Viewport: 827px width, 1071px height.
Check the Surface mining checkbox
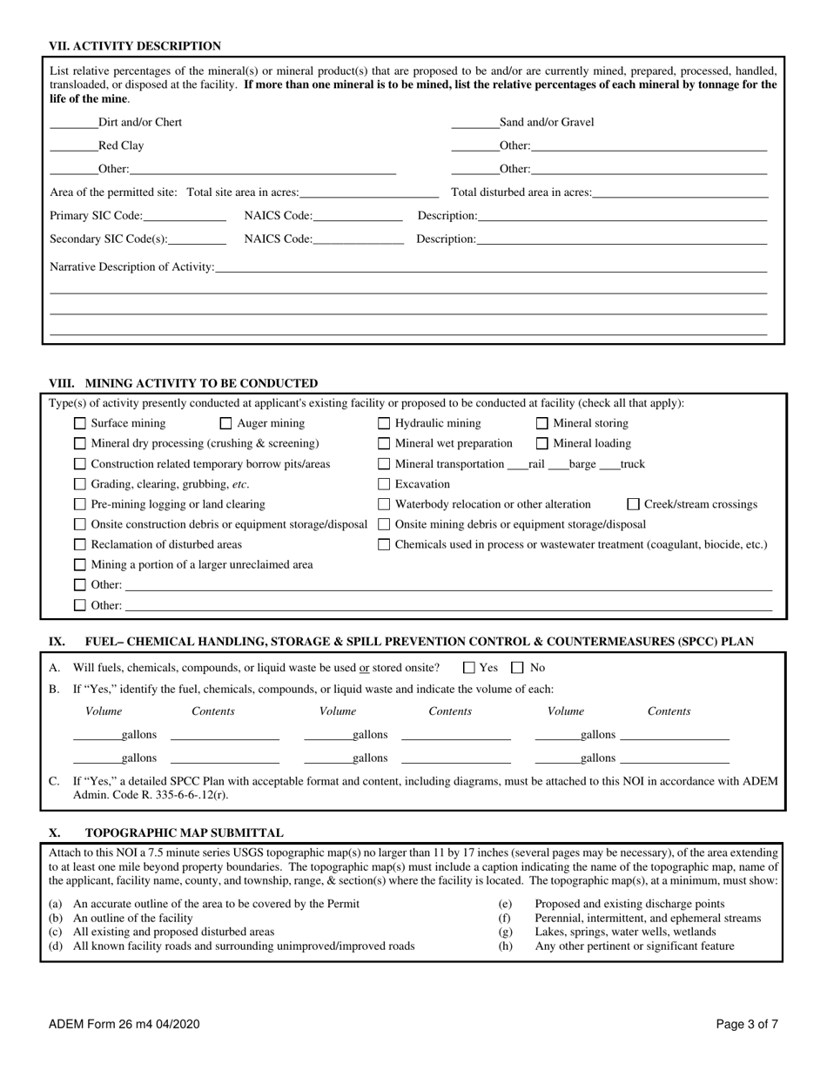click(x=80, y=424)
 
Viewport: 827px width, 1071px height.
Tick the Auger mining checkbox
click(x=225, y=424)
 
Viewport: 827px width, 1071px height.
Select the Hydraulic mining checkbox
click(x=384, y=424)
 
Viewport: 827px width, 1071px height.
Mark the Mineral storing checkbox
click(x=542, y=424)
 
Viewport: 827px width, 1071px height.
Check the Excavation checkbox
click(x=384, y=484)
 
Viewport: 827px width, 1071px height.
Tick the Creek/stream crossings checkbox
click(x=634, y=504)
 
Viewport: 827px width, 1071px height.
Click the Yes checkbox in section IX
click(x=469, y=668)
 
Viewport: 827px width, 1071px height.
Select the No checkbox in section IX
click(x=517, y=668)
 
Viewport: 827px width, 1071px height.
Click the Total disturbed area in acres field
click(x=680, y=192)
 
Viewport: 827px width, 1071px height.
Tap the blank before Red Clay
click(x=73, y=145)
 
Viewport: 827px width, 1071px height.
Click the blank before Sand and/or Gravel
click(x=474, y=123)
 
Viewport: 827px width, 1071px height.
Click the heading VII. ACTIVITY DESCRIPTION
click(x=135, y=46)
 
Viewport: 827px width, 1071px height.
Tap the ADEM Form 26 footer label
click(x=124, y=1025)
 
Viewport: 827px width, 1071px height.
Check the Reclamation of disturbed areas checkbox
click(x=80, y=544)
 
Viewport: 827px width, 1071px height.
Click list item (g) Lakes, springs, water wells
click(x=625, y=932)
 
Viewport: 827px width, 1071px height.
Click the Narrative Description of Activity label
click(x=131, y=266)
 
